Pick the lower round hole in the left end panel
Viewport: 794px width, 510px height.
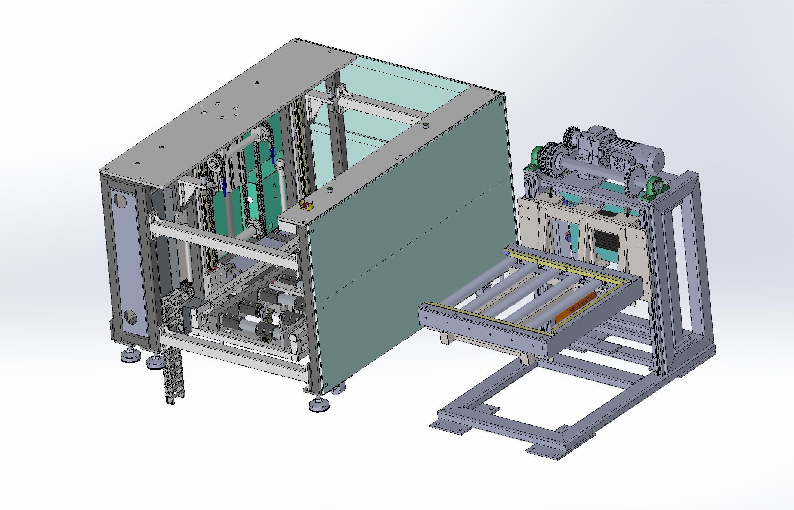(130, 318)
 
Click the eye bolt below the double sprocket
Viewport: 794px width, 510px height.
(551, 192)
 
